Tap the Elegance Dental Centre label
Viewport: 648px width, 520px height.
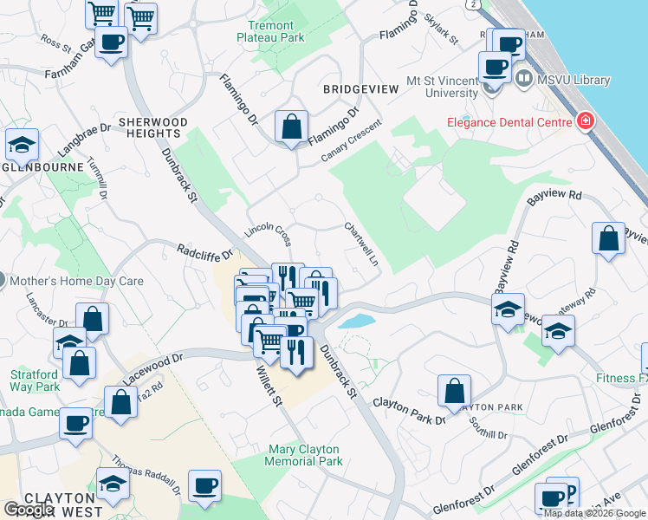pos(509,122)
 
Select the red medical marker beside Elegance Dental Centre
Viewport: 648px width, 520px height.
pos(586,121)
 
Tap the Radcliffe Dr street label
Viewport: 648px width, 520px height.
pos(205,253)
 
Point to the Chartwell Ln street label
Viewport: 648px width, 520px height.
pos(362,244)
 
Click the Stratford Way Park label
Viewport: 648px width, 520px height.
pos(35,380)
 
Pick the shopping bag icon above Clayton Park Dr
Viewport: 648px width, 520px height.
pos(454,391)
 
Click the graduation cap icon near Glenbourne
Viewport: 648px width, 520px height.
pos(22,144)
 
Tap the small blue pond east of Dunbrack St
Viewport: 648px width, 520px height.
pos(356,322)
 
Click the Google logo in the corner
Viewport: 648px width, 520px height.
pos(29,510)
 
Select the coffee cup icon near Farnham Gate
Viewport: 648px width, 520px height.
pos(111,42)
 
